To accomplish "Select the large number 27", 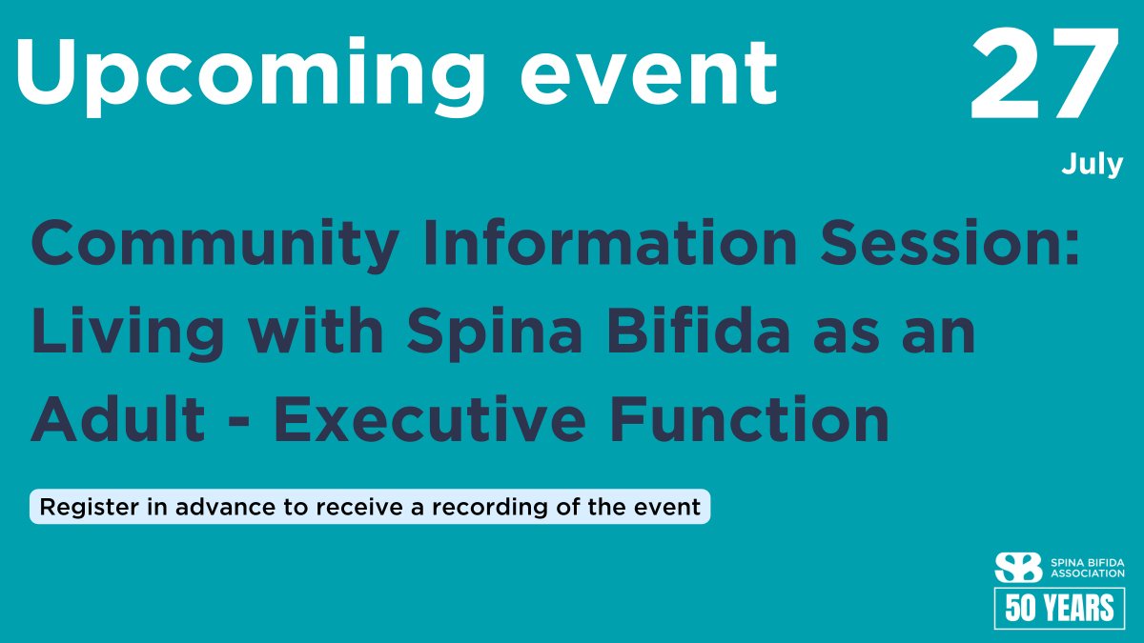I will [1045, 76].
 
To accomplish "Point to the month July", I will [1093, 165].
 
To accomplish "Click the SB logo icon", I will [1018, 568].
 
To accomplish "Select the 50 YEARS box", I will [1059, 608].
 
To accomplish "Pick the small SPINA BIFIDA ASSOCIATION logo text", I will [1087, 568].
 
